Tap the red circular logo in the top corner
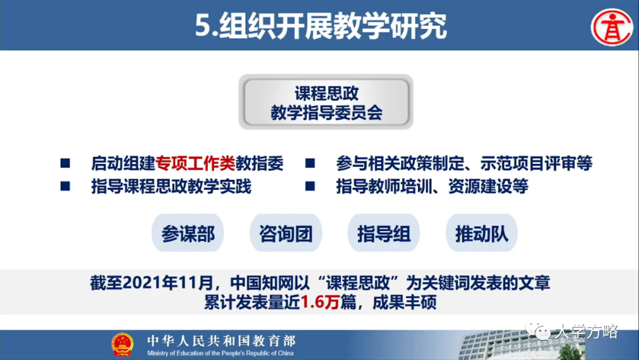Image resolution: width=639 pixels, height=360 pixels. pos(612,26)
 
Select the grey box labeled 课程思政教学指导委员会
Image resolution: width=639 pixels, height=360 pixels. pos(326,102)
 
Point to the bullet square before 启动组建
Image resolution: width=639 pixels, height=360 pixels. pos(66,163)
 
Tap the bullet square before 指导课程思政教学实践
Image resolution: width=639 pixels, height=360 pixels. pos(66,187)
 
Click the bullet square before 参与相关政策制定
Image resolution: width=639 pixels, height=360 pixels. pos(309,163)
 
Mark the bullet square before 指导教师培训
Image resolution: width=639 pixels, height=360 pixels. pos(309,187)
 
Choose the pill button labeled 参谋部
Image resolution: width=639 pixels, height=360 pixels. pos(188,234)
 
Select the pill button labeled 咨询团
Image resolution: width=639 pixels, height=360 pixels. pos(286,234)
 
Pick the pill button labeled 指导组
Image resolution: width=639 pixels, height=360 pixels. pos(383,234)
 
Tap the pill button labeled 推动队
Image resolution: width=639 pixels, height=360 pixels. pos(481,234)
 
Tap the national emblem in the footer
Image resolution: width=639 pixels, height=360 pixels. pos(122,345)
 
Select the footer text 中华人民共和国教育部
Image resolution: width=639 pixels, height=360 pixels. pos(221,340)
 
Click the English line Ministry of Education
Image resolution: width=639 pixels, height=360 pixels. pos(221,353)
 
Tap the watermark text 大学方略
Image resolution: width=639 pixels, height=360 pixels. pos(586,332)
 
